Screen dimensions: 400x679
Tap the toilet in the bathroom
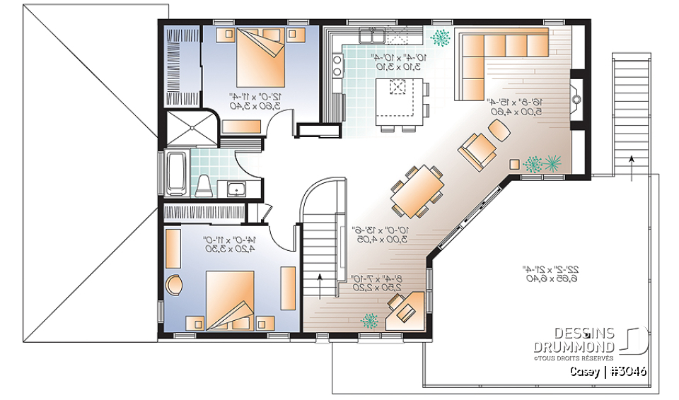[204, 186]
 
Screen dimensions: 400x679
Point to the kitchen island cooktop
[398, 87]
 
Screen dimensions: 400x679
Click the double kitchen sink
[371, 35]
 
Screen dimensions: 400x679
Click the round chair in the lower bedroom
[174, 285]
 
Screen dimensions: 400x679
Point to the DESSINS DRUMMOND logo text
[585, 340]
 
